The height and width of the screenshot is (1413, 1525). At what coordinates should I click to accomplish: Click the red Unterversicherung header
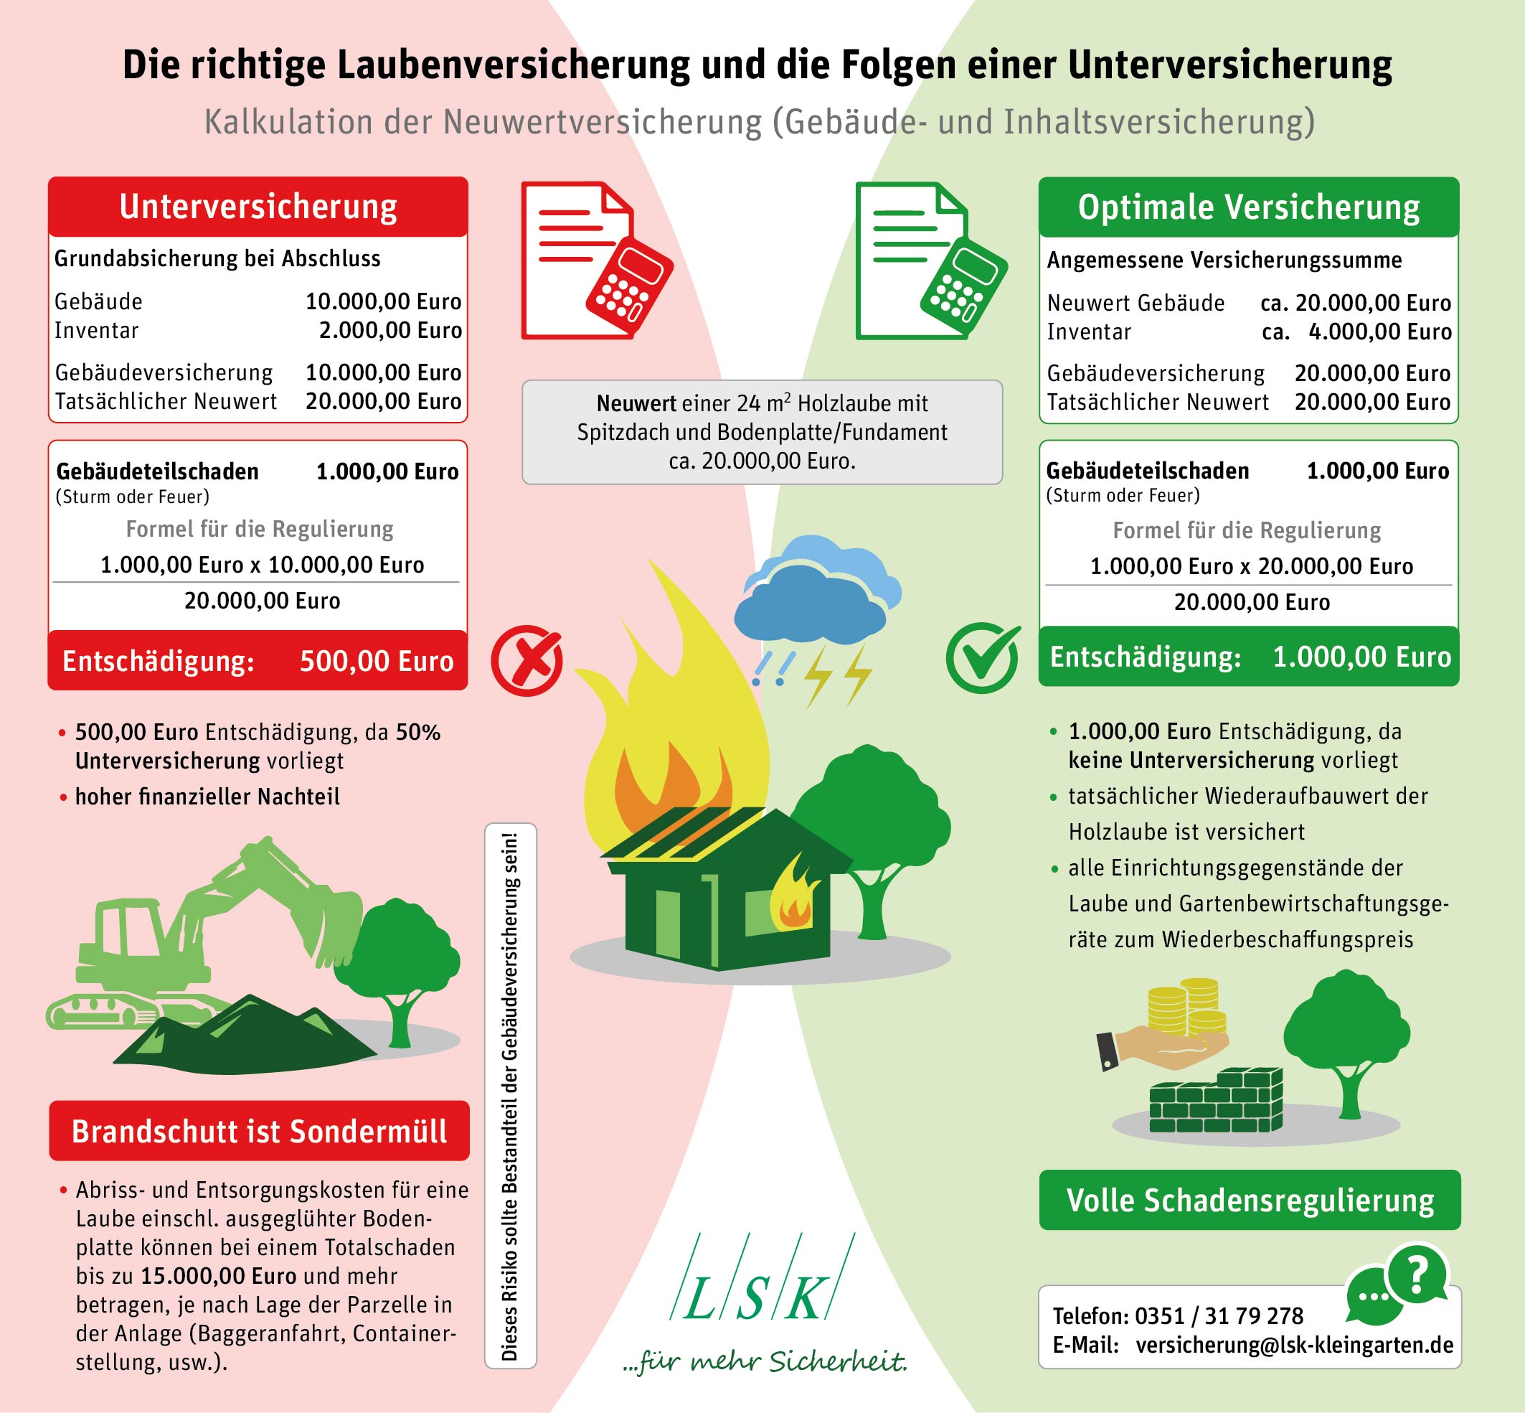(258, 207)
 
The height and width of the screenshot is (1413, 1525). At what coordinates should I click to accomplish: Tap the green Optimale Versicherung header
(1248, 207)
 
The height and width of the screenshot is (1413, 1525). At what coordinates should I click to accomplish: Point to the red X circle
(527, 660)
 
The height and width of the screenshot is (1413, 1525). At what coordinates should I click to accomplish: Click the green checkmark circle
(983, 658)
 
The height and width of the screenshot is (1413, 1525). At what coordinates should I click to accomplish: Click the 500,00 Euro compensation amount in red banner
(376, 661)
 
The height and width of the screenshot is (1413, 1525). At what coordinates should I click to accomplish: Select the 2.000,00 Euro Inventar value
(389, 330)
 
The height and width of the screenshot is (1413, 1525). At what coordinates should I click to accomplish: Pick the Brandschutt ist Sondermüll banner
(259, 1130)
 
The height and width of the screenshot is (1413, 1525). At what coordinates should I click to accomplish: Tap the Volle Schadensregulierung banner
(1250, 1200)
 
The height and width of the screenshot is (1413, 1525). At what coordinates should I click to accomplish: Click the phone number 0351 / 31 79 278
(1219, 1316)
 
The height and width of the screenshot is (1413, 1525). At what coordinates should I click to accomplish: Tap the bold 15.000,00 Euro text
(219, 1275)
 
